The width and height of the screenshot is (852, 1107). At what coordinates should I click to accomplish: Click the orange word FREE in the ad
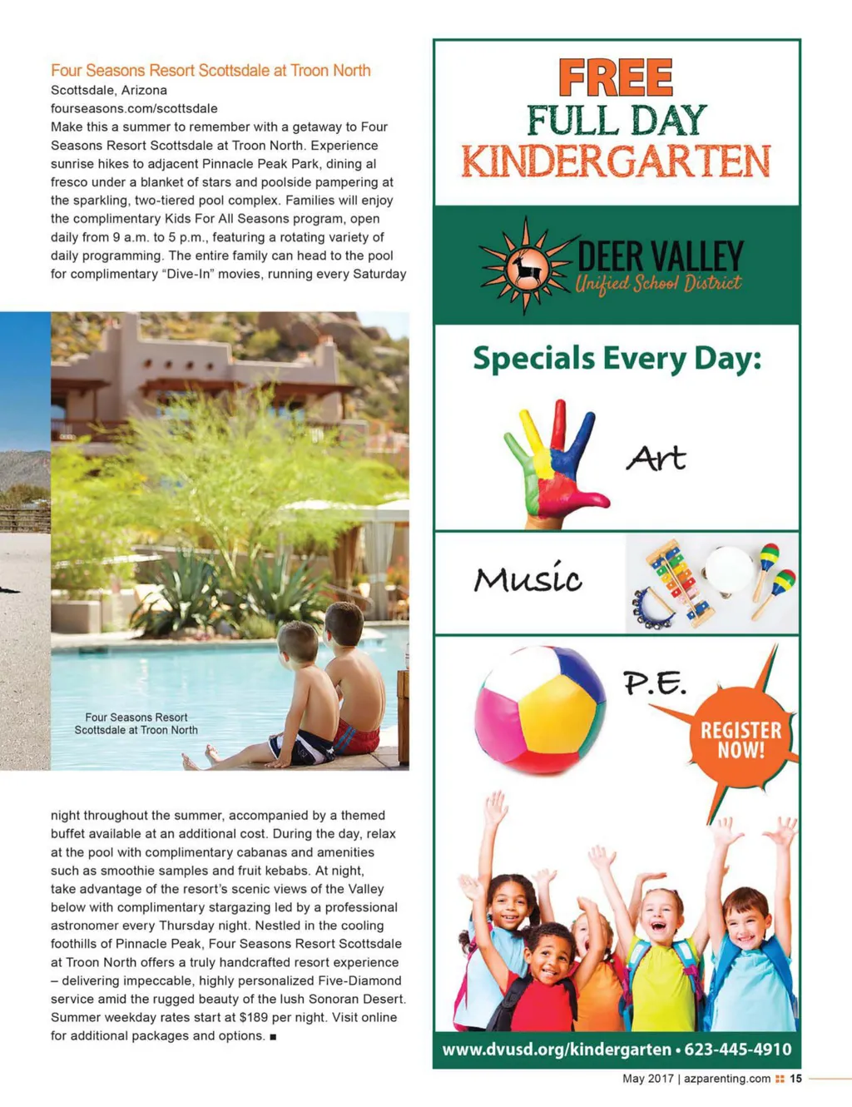click(x=616, y=78)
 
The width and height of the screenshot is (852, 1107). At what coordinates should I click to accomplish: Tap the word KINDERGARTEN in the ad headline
click(x=616, y=161)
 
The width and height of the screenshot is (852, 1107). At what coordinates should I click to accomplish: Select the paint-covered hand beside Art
click(x=553, y=462)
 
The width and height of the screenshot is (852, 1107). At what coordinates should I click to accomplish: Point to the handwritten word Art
click(x=656, y=458)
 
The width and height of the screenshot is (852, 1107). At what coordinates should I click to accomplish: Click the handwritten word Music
click(x=528, y=578)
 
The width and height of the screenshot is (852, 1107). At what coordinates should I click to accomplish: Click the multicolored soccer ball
click(x=539, y=709)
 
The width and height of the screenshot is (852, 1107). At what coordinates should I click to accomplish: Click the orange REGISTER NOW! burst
click(x=741, y=739)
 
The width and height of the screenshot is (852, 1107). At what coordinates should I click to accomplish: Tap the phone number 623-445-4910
click(x=737, y=1049)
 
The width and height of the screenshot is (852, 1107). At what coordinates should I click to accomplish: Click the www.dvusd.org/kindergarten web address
click(x=556, y=1049)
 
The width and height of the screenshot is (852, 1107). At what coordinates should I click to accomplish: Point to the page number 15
click(x=796, y=1079)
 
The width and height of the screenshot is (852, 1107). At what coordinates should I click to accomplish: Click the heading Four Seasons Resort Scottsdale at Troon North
click(x=211, y=71)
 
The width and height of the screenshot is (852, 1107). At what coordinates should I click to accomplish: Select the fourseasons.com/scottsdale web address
click(x=134, y=108)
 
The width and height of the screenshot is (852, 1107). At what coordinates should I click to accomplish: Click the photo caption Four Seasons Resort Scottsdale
click(x=136, y=723)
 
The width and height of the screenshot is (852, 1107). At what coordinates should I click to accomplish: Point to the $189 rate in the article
click(x=255, y=1017)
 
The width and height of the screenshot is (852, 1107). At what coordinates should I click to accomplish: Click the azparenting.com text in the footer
click(x=727, y=1079)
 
